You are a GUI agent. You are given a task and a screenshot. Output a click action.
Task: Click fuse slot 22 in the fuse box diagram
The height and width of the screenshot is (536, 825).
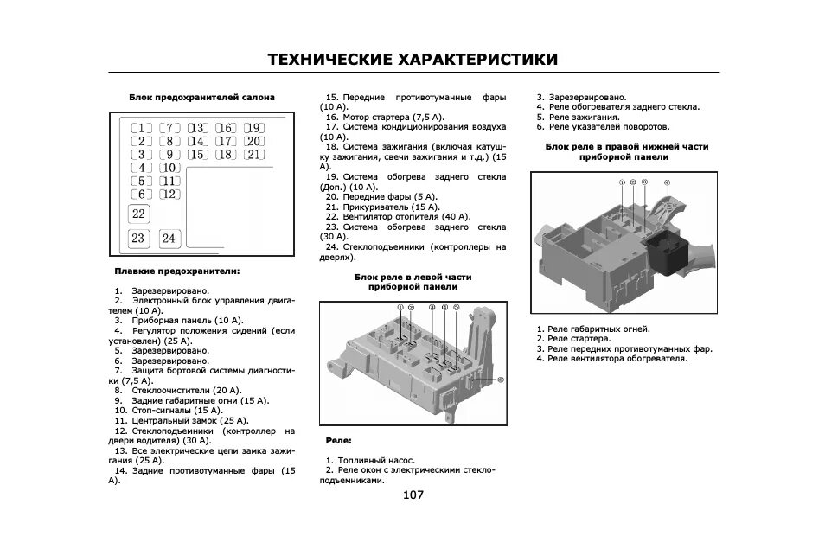point(138,214)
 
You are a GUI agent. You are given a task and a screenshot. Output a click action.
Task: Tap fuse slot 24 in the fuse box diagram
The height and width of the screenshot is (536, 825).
point(168,238)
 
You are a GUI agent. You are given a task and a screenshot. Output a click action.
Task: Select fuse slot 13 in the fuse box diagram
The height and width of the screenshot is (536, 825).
point(198,128)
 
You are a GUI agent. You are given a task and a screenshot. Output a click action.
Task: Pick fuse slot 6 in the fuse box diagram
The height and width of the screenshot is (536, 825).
point(142,195)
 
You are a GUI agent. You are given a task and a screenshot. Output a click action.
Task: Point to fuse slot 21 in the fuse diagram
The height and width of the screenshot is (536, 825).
point(252,155)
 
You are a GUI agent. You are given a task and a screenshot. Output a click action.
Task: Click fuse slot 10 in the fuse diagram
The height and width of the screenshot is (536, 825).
point(169,168)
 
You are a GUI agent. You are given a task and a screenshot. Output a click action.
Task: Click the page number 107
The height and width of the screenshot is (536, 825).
point(412,495)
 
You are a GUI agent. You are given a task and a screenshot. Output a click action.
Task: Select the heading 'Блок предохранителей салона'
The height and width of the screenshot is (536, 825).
point(202,98)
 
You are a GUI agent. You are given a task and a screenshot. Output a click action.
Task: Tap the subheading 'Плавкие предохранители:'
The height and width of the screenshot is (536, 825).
point(177,271)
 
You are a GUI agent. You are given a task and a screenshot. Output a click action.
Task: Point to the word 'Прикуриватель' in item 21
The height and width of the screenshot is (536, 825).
point(370,207)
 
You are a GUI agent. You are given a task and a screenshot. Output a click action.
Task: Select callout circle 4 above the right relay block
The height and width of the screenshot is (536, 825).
point(667,183)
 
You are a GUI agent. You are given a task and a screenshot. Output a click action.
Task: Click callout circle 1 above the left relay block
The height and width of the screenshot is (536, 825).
point(400,308)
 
